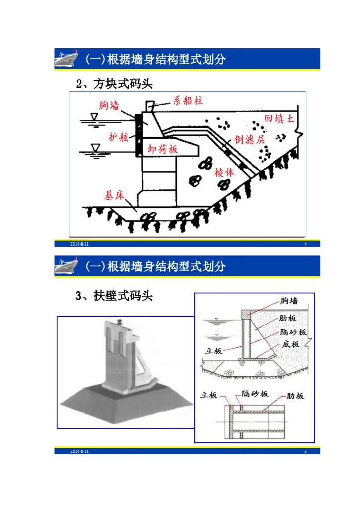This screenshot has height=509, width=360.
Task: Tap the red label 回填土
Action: (x=279, y=119)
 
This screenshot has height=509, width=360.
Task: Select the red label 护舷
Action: (x=118, y=137)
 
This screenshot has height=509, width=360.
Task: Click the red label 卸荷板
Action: (x=164, y=148)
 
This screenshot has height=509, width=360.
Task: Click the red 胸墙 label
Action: (x=109, y=105)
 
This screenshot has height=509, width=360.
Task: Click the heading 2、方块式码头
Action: (x=114, y=84)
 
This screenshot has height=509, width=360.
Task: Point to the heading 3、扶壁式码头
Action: (x=114, y=296)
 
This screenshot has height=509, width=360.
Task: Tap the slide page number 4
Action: (x=305, y=244)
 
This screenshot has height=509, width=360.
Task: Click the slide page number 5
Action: (x=305, y=451)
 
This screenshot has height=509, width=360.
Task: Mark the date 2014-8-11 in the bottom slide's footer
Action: (x=79, y=451)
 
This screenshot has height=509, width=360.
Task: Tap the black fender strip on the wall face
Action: (x=138, y=135)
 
